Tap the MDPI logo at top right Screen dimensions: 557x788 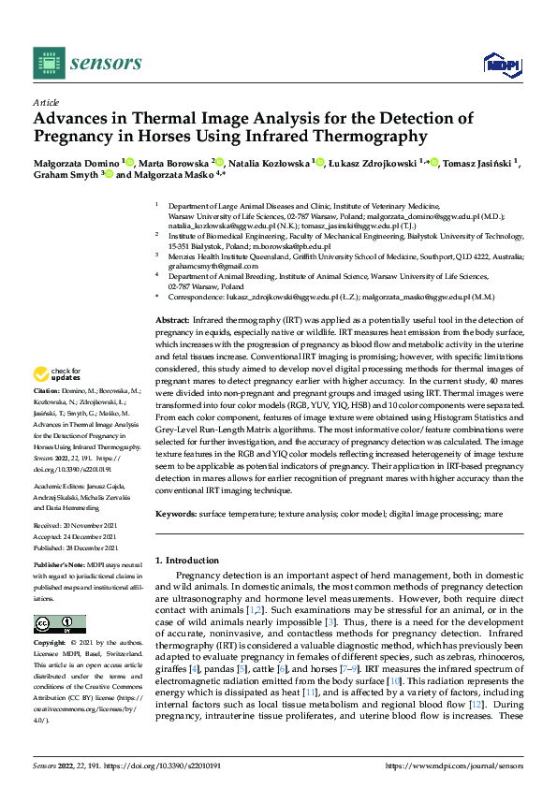click(500, 63)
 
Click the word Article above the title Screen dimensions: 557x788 click(45, 101)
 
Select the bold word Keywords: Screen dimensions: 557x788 click(178, 514)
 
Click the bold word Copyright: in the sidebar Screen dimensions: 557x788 click(50, 643)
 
